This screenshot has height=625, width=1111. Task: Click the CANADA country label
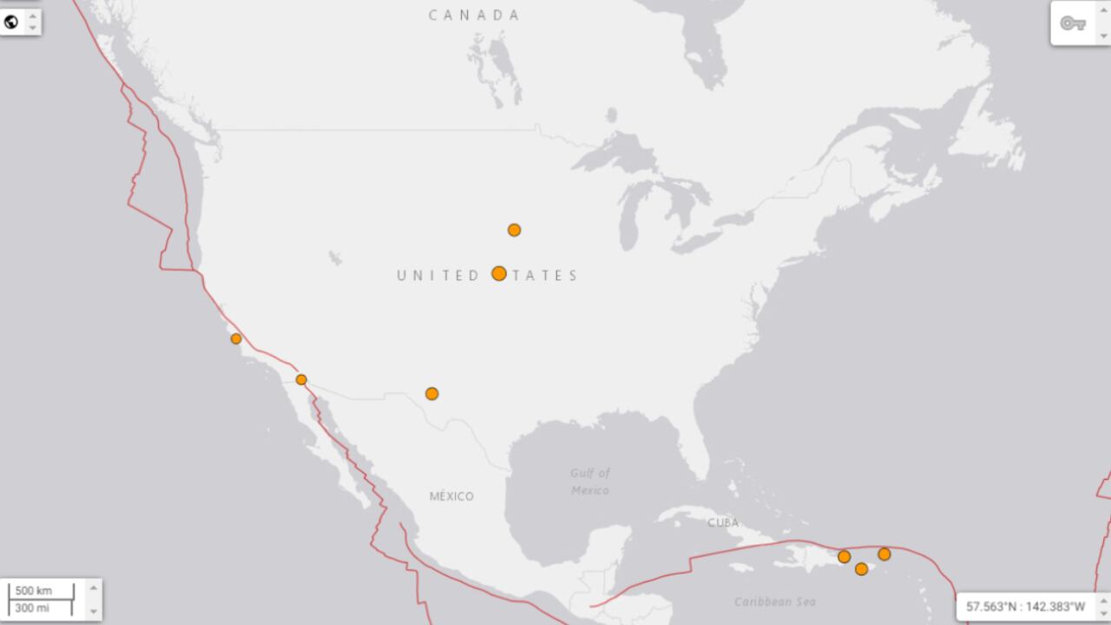[x=474, y=15]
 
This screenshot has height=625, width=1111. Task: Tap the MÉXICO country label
[x=451, y=496]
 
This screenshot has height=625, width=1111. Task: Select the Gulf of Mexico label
[x=590, y=482]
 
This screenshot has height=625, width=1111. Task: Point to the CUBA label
[x=722, y=523]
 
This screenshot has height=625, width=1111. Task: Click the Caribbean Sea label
[x=774, y=602]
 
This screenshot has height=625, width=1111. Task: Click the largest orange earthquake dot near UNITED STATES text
[x=499, y=273]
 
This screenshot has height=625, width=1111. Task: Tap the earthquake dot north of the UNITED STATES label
[x=514, y=230]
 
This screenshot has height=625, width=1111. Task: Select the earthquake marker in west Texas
[x=431, y=394]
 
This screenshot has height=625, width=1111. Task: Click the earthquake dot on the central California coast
[x=236, y=339]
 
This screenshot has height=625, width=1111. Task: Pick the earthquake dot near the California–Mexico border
[x=301, y=379]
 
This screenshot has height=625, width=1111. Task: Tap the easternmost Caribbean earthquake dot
[x=884, y=554]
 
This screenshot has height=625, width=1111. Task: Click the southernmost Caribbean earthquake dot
[x=861, y=569]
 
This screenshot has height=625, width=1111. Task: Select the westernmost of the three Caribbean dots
[x=844, y=556]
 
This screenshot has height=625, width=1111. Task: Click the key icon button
[x=1073, y=23]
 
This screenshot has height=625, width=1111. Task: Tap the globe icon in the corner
[x=11, y=23]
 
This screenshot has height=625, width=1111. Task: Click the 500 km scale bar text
[x=34, y=591]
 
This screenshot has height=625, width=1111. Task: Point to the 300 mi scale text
[x=33, y=608]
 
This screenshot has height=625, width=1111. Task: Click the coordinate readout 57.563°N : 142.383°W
[x=1025, y=607]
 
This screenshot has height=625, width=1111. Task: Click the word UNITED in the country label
[x=438, y=276]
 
